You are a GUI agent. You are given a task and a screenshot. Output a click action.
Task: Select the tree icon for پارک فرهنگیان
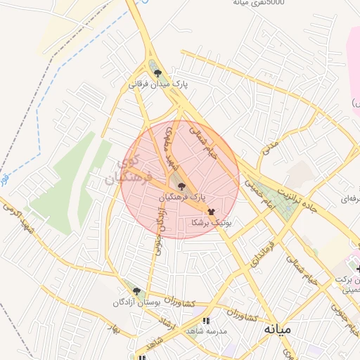coord(182,186)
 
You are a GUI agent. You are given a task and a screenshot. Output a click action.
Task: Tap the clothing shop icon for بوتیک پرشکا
coord(211,210)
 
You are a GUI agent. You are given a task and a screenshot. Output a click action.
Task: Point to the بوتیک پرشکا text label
coord(211,221)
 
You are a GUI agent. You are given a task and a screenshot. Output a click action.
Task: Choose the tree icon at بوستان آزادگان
coord(136,290)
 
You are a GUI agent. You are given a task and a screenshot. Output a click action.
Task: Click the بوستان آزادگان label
coord(136,302)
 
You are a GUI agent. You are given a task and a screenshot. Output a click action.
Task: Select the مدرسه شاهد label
coord(205,331)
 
